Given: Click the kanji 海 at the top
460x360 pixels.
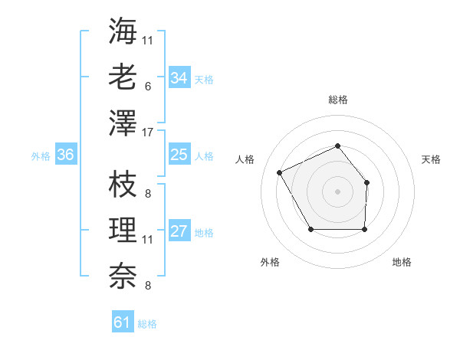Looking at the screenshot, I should (x=123, y=32).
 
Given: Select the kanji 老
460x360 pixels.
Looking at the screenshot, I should (x=123, y=77).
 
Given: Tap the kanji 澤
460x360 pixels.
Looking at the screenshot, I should (x=123, y=123).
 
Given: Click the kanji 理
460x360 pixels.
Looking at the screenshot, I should (x=123, y=231).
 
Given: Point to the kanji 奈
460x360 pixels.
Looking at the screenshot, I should (x=123, y=276).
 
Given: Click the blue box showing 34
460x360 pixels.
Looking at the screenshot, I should (x=179, y=78).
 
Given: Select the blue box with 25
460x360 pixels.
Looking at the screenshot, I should (x=179, y=155).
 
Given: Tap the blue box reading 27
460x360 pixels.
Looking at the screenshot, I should (x=179, y=232).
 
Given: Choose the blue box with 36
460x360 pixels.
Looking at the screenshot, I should (x=66, y=155).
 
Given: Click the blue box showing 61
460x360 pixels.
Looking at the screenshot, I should (x=123, y=322).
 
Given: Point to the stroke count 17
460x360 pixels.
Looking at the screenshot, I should (x=149, y=132).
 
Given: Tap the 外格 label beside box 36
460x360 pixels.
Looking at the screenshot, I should (x=41, y=155).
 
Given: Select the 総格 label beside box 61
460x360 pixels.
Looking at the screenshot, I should (x=147, y=324).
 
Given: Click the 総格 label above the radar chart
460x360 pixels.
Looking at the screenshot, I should (x=337, y=100).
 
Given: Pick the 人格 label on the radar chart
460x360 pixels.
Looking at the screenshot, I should (x=245, y=159).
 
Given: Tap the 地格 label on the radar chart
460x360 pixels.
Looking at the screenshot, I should (x=402, y=262).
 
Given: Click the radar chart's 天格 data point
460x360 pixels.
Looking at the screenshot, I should (x=366, y=182).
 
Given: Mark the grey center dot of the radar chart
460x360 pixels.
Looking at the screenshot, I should (x=337, y=191).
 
